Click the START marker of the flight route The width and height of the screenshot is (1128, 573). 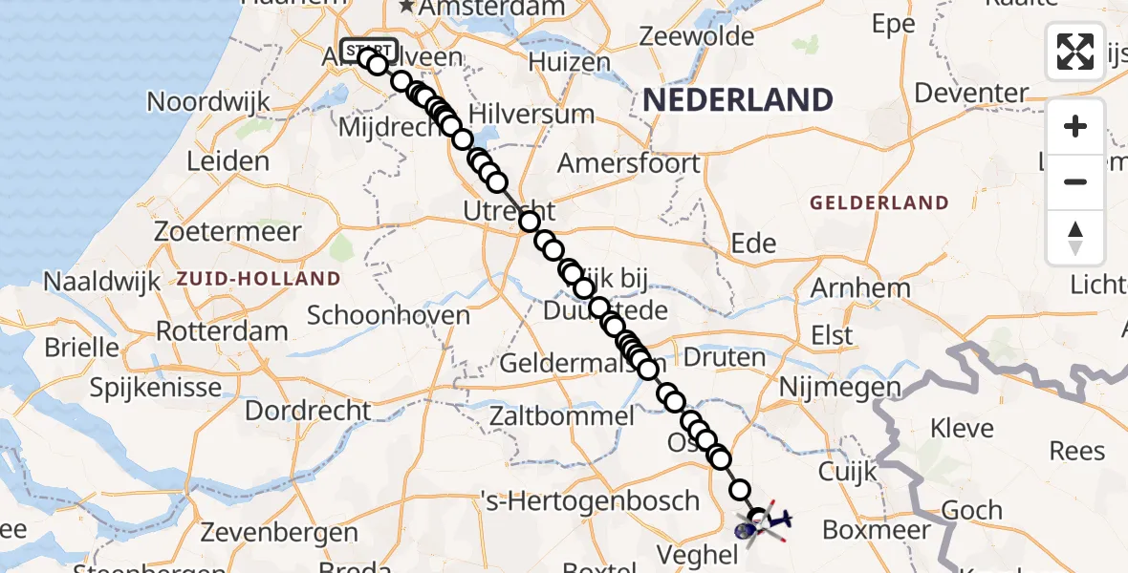pos(368,51)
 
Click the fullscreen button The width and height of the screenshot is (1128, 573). pos(1075,51)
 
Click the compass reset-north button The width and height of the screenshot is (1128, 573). pos(1075,238)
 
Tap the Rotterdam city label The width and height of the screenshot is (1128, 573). pos(222,331)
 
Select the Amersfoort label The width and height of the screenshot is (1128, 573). pos(628,162)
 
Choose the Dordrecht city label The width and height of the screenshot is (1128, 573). pos(308,410)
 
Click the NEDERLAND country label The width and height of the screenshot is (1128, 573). pos(737,99)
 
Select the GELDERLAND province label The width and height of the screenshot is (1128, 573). pos(879,202)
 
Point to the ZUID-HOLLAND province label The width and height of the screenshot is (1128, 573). pos(258,279)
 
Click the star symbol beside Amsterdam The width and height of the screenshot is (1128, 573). pos(408,7)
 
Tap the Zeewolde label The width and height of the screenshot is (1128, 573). pos(697,36)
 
